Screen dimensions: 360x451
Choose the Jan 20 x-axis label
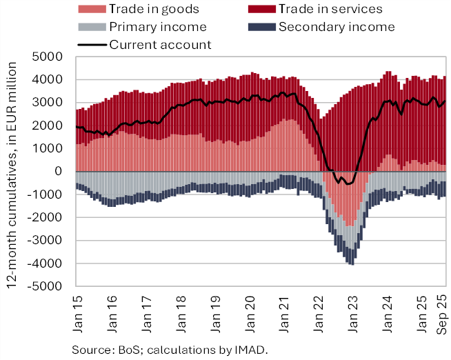(251, 307)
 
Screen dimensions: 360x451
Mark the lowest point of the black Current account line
(348, 184)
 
